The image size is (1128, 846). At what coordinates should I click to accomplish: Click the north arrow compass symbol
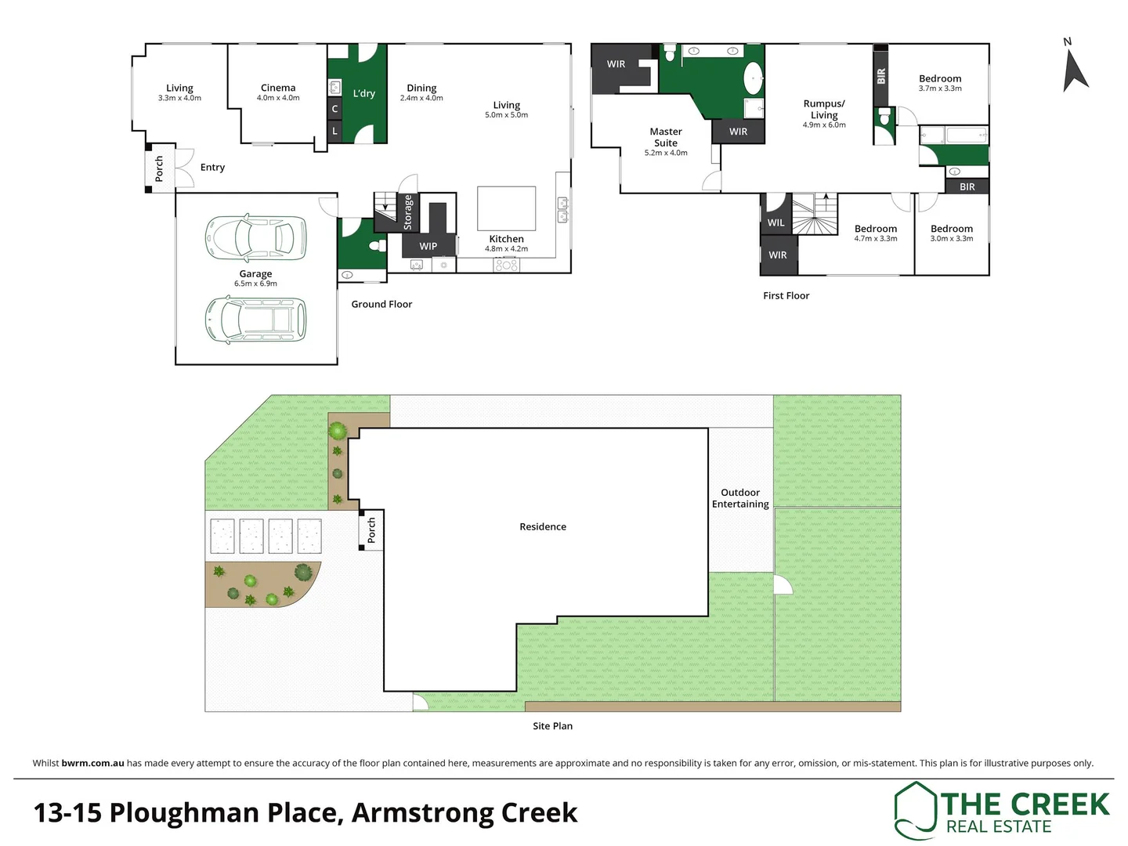click(1074, 69)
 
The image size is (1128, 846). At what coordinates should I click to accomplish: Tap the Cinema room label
click(278, 88)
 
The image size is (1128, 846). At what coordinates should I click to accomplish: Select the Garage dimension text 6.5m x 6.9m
click(255, 284)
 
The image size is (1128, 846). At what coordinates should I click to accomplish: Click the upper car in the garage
click(255, 237)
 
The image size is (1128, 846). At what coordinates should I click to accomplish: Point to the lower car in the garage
click(255, 320)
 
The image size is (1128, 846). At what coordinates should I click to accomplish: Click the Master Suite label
click(666, 137)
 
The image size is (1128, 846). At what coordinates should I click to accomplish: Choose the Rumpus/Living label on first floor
click(824, 109)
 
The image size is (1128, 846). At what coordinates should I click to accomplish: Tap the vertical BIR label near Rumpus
click(881, 76)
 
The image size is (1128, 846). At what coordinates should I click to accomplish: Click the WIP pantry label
click(428, 246)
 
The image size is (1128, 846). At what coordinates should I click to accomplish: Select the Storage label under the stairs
click(407, 212)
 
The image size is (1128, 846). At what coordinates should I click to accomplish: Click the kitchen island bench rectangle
click(507, 208)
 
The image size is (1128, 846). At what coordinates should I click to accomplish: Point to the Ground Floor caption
click(381, 304)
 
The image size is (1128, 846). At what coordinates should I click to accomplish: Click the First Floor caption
click(786, 295)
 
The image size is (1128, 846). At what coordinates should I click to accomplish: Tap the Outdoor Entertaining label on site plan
click(740, 498)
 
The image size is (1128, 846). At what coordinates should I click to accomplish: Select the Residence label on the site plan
click(543, 526)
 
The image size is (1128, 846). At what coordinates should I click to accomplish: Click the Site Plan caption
click(552, 726)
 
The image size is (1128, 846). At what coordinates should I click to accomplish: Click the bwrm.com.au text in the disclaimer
click(92, 763)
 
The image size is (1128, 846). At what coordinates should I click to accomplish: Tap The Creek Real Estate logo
click(1002, 811)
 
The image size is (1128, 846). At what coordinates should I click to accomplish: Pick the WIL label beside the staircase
click(775, 222)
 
